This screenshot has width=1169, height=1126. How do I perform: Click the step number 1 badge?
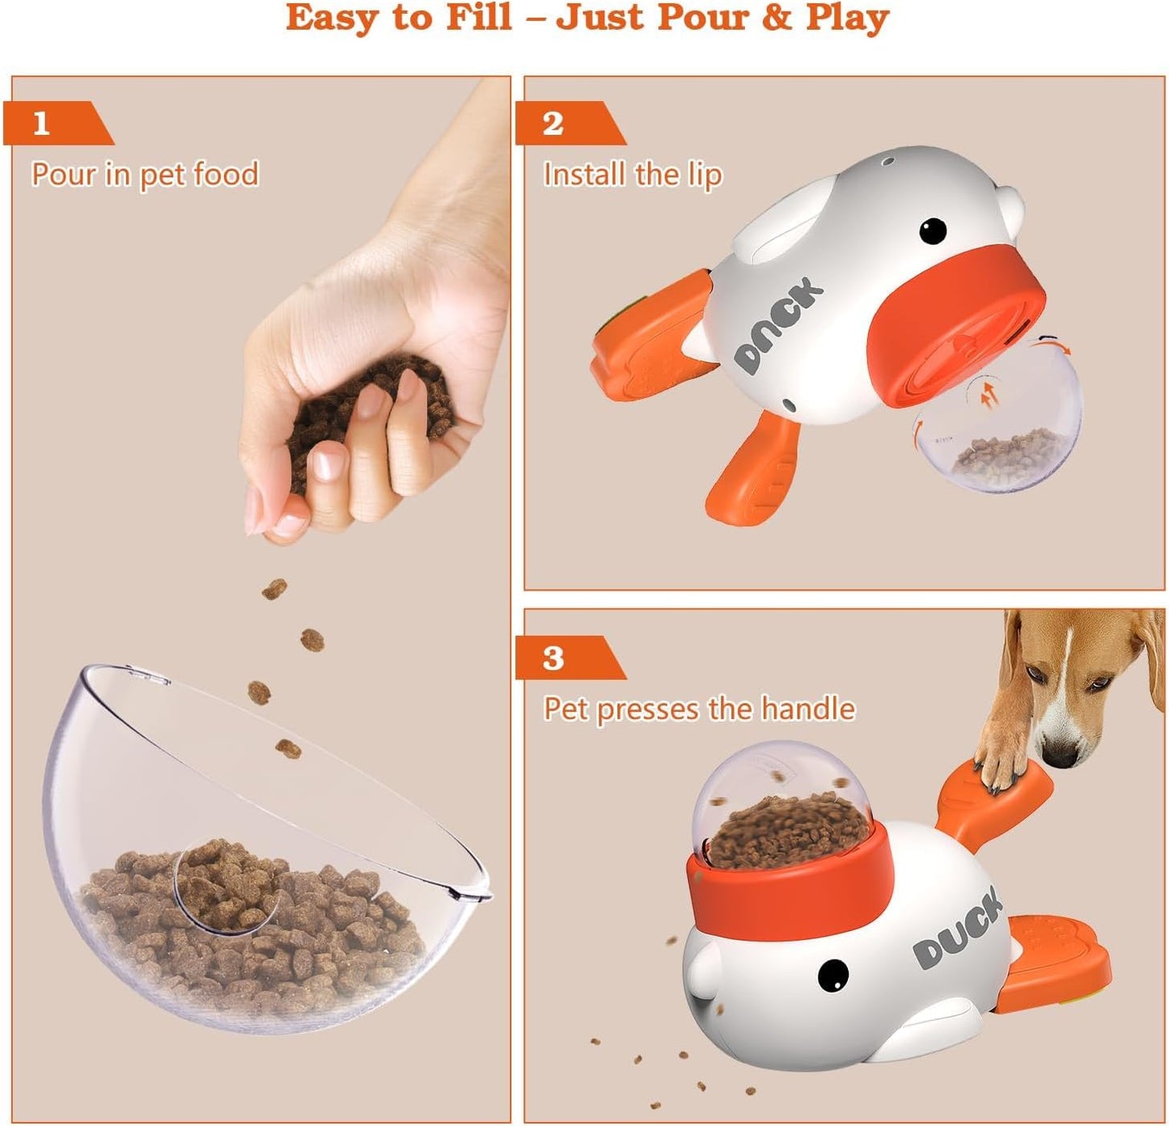pyautogui.click(x=42, y=123)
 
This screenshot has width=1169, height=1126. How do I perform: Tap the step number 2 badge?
pyautogui.click(x=553, y=123)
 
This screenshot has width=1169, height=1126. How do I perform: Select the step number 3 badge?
pyautogui.click(x=553, y=658)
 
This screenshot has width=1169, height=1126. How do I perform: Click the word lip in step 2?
pyautogui.click(x=703, y=176)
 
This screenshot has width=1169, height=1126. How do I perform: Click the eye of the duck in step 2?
pyautogui.click(x=933, y=231)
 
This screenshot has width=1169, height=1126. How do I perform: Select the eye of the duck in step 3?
pyautogui.click(x=832, y=976)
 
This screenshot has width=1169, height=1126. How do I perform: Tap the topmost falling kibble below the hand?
pyautogui.click(x=274, y=589)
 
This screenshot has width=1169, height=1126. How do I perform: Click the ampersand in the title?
pyautogui.click(x=776, y=18)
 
